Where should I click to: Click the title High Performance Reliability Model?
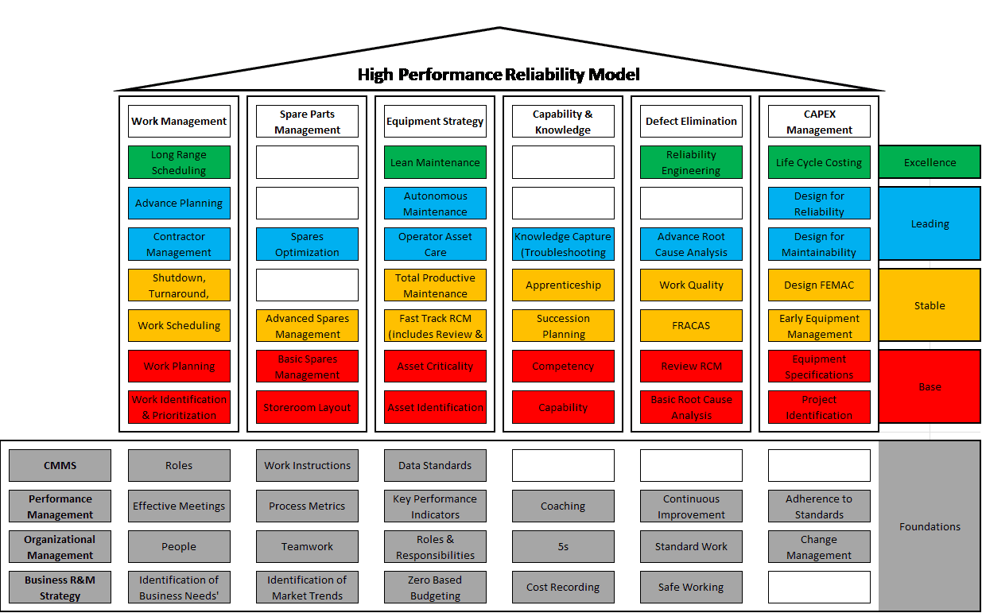[x=499, y=75]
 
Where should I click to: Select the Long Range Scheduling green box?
[x=179, y=162]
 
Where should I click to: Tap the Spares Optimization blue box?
[x=307, y=244]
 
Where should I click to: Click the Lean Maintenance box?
[x=435, y=162]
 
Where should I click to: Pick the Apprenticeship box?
[x=563, y=285]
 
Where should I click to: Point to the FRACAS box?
[x=691, y=325]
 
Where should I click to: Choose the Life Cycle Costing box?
[x=819, y=162]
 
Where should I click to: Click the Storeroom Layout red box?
[x=307, y=407]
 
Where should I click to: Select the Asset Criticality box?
[x=435, y=366]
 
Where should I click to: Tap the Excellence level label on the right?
[x=930, y=162]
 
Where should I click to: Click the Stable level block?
[x=930, y=305]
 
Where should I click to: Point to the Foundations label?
[x=930, y=526]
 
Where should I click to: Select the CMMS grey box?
[x=60, y=465]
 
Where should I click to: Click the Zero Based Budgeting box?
[x=435, y=588]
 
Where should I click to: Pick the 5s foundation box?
[x=563, y=546]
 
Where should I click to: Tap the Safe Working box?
[x=691, y=588]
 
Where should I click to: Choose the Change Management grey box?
[x=819, y=546]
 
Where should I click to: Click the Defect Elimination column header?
[x=691, y=122]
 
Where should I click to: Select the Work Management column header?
[x=179, y=122]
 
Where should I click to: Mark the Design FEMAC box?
[x=819, y=285]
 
